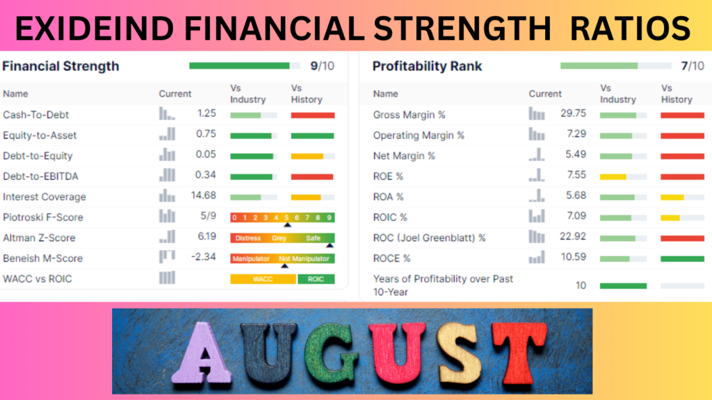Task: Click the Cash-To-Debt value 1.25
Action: tap(207, 113)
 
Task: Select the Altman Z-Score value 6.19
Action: tap(207, 236)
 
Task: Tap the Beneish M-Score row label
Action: tap(42, 258)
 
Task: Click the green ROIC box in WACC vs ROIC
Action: tap(316, 279)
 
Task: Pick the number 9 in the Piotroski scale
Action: tap(329, 217)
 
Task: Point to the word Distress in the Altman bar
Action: tap(248, 238)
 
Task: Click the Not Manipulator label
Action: tap(305, 258)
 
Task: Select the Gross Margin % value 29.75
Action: tap(573, 113)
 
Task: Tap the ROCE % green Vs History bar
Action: tap(683, 259)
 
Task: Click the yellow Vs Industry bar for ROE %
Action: tap(613, 177)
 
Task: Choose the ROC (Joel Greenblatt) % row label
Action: tap(429, 237)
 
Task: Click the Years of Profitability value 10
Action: tap(581, 285)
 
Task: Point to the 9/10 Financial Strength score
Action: tap(322, 66)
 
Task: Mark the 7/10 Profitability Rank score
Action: tap(693, 66)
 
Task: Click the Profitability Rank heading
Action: tap(428, 66)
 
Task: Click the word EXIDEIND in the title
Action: tap(95, 28)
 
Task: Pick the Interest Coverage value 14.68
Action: tap(204, 195)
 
